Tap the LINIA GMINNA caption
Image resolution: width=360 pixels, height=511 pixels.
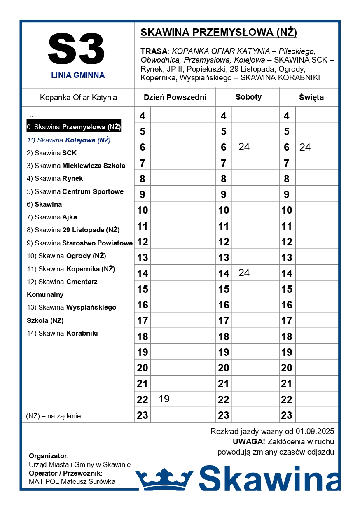[78, 75]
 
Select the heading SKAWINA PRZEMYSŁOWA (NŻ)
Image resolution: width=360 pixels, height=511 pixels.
[219, 33]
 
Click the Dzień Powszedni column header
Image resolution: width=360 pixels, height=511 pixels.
[175, 98]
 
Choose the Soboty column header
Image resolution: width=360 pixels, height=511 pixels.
[248, 97]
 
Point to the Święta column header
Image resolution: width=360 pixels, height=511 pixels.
[311, 98]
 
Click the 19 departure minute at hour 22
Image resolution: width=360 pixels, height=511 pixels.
[164, 399]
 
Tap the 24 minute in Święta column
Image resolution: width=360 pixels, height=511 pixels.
[305, 147]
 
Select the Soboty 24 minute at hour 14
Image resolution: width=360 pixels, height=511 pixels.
[244, 273]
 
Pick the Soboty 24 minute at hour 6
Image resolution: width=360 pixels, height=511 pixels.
[244, 147]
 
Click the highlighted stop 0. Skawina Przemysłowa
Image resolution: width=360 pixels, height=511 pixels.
[74, 127]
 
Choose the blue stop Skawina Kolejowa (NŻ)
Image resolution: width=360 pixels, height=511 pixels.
[69, 140]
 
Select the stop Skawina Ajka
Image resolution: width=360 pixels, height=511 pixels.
[56, 217]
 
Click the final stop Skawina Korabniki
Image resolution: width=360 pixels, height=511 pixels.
[66, 333]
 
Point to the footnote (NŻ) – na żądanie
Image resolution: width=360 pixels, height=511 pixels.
[54, 416]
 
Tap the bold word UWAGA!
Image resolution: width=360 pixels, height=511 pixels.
[249, 442]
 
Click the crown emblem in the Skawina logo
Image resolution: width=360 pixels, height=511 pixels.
[164, 479]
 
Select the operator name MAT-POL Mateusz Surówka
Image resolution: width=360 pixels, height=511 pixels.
[72, 481]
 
